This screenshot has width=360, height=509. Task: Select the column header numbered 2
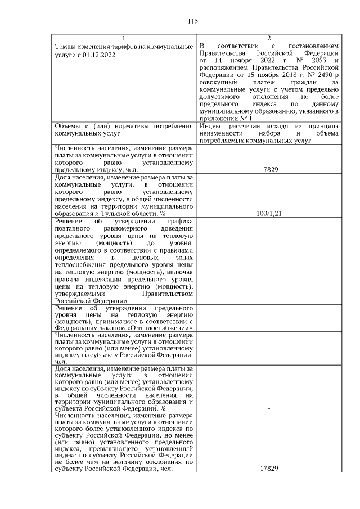click(269, 38)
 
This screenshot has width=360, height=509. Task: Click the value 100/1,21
click(269, 214)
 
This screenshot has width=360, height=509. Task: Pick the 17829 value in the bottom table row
click(269, 469)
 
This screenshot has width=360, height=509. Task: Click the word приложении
click(219, 119)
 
